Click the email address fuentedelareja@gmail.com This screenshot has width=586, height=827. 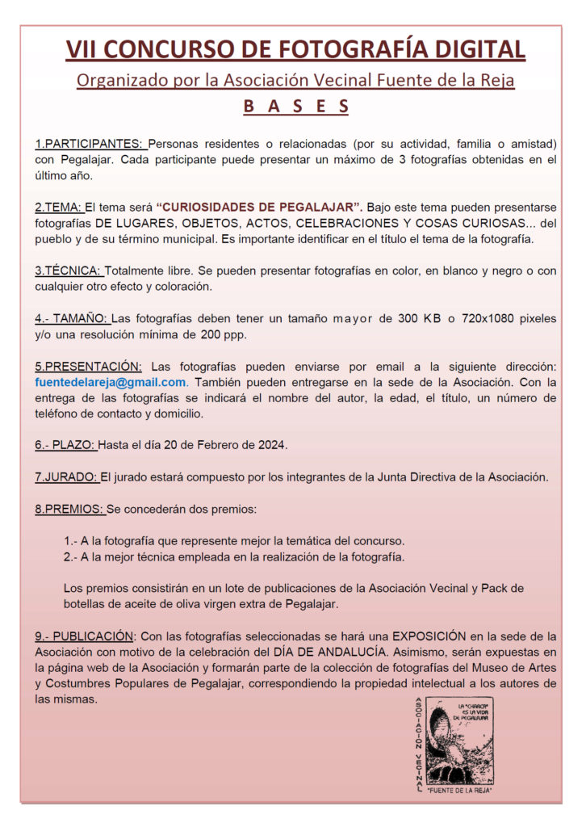pyautogui.click(x=111, y=382)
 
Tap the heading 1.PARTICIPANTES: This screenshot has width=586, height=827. pyautogui.click(x=90, y=144)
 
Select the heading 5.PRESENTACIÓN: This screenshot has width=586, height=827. pyautogui.click(x=88, y=367)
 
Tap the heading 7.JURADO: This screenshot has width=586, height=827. pyautogui.click(x=66, y=476)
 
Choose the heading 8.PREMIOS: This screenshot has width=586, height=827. pyautogui.click(x=69, y=509)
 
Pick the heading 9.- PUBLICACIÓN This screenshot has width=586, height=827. pyautogui.click(x=84, y=636)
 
